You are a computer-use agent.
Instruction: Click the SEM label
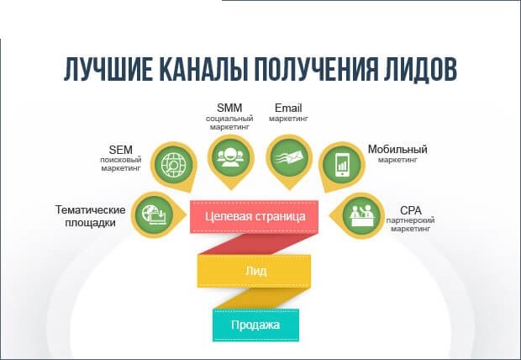click(x=121, y=150)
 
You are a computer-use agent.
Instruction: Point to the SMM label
click(x=229, y=108)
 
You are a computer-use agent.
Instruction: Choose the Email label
click(x=288, y=108)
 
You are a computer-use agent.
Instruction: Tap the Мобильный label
click(x=397, y=150)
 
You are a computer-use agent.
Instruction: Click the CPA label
click(x=411, y=210)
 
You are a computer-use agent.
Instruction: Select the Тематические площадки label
click(x=90, y=216)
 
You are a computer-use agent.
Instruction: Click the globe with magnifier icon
click(x=174, y=164)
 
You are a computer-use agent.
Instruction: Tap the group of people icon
click(x=231, y=156)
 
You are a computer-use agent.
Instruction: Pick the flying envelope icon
click(x=289, y=156)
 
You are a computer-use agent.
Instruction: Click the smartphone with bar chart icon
click(x=342, y=164)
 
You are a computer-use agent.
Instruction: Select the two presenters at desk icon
click(x=362, y=215)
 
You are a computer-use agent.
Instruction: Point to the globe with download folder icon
click(x=154, y=214)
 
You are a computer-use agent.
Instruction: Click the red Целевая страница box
click(x=254, y=217)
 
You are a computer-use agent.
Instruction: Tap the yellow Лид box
click(x=254, y=271)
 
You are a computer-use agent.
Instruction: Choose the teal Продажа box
click(x=255, y=325)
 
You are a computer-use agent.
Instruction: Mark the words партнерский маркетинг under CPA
click(x=410, y=225)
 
